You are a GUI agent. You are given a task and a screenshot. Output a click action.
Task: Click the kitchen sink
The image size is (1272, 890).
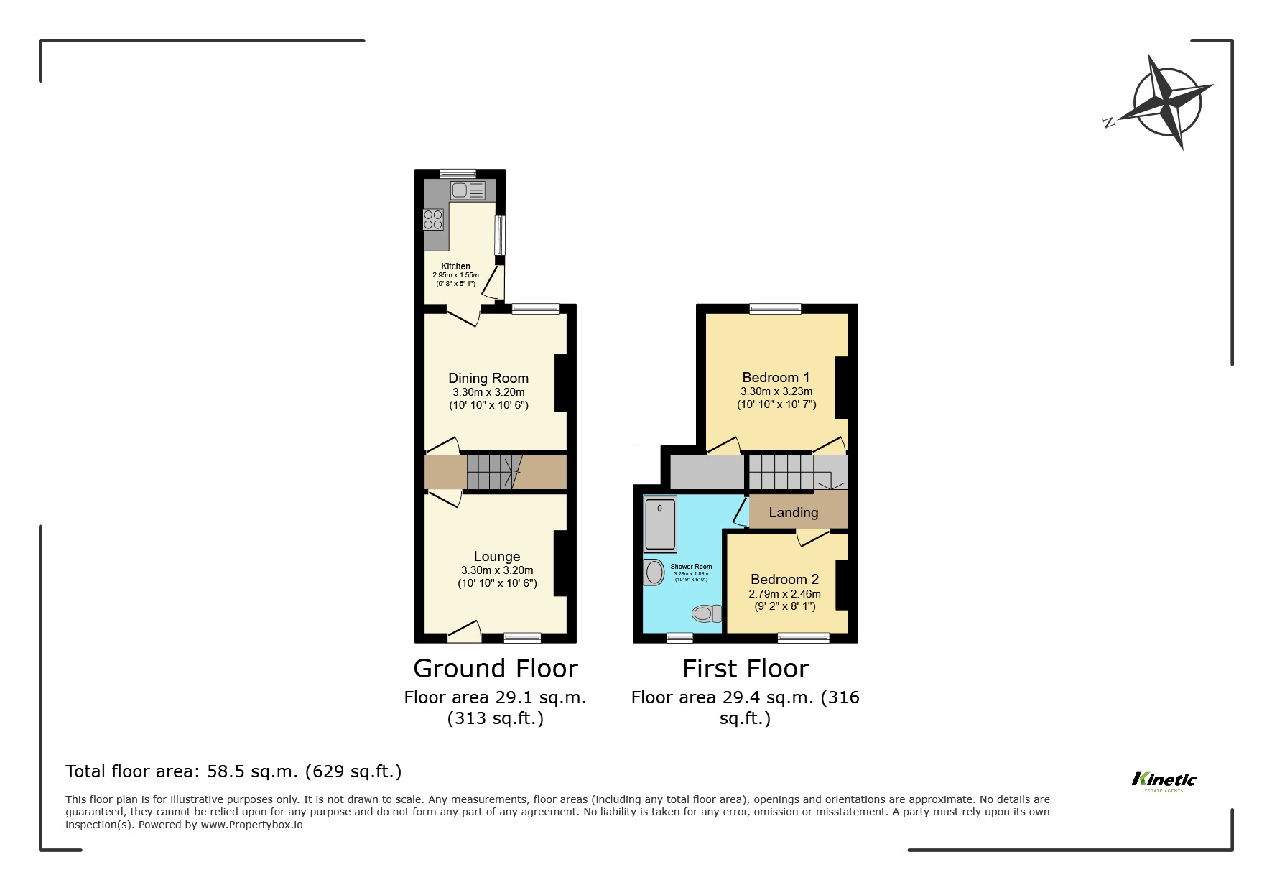click(x=468, y=190)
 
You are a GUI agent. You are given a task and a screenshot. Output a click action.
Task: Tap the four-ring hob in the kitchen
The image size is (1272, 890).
click(x=433, y=219)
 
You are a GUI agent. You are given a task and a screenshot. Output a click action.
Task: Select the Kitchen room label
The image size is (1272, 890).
click(x=455, y=266)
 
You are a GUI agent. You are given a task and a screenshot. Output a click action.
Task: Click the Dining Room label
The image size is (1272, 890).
click(x=488, y=378)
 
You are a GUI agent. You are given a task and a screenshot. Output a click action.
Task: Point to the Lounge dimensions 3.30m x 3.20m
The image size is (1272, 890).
click(x=497, y=570)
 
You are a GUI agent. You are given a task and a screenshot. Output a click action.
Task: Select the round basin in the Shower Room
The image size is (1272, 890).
click(x=654, y=573)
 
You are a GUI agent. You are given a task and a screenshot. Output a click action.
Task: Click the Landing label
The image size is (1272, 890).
click(x=793, y=512)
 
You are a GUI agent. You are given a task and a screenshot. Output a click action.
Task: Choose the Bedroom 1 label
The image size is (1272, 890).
click(x=776, y=377)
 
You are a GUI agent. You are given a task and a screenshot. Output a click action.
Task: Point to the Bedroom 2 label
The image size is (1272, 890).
click(x=784, y=579)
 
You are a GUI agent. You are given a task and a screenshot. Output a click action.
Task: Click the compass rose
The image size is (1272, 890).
click(x=1167, y=102)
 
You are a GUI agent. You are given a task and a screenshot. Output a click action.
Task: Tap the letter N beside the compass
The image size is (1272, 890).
click(x=1109, y=123)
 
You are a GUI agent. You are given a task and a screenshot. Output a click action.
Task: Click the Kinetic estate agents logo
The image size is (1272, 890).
click(x=1164, y=781)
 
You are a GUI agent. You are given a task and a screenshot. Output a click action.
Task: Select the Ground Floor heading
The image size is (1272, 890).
click(x=496, y=669)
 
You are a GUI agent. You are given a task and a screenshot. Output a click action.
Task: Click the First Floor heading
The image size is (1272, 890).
click(x=746, y=669)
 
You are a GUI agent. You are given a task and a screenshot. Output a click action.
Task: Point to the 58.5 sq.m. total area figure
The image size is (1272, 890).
click(x=252, y=771)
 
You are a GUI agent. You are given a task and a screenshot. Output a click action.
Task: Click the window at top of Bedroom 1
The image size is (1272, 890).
click(x=775, y=309)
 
